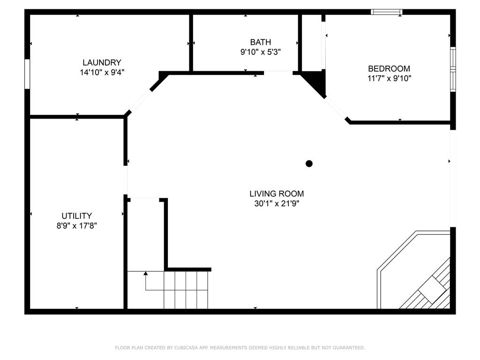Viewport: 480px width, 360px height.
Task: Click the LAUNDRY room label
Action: [102, 62]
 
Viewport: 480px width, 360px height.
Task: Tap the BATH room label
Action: [261, 42]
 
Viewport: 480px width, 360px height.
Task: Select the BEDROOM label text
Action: [389, 68]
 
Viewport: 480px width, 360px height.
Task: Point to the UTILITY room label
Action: [76, 216]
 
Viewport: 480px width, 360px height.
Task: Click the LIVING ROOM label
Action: [277, 194]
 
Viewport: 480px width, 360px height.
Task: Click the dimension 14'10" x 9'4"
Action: [102, 73]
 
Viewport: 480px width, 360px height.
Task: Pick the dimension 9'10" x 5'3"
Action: [261, 52]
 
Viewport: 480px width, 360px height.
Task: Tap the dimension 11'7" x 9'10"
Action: [389, 78]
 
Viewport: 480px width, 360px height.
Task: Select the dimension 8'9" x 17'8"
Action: [76, 226]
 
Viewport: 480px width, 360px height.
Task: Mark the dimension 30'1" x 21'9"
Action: [277, 203]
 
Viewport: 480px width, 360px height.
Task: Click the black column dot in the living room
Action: [309, 164]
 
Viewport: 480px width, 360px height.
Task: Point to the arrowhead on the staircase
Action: [146, 273]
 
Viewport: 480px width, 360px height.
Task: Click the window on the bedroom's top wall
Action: [387, 12]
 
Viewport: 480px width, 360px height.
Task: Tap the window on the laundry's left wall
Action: [27, 74]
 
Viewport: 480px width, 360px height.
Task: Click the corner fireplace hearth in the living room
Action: [413, 270]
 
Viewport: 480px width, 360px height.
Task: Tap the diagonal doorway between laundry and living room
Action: [141, 101]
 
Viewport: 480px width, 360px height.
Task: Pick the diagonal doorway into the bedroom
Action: [336, 108]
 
